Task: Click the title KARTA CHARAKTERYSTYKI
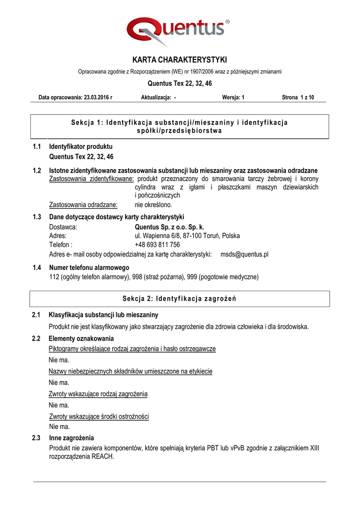pos(180,60)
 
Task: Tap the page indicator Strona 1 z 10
pos(298,97)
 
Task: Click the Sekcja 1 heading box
pos(180,127)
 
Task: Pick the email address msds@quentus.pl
pos(244,254)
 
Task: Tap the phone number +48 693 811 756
pos(157,245)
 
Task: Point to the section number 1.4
pos(37,268)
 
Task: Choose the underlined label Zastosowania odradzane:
pos(83,204)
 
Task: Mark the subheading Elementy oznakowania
pos(81,338)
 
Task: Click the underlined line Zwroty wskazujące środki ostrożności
pos(99,416)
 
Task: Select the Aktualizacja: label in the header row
pos(156,97)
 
